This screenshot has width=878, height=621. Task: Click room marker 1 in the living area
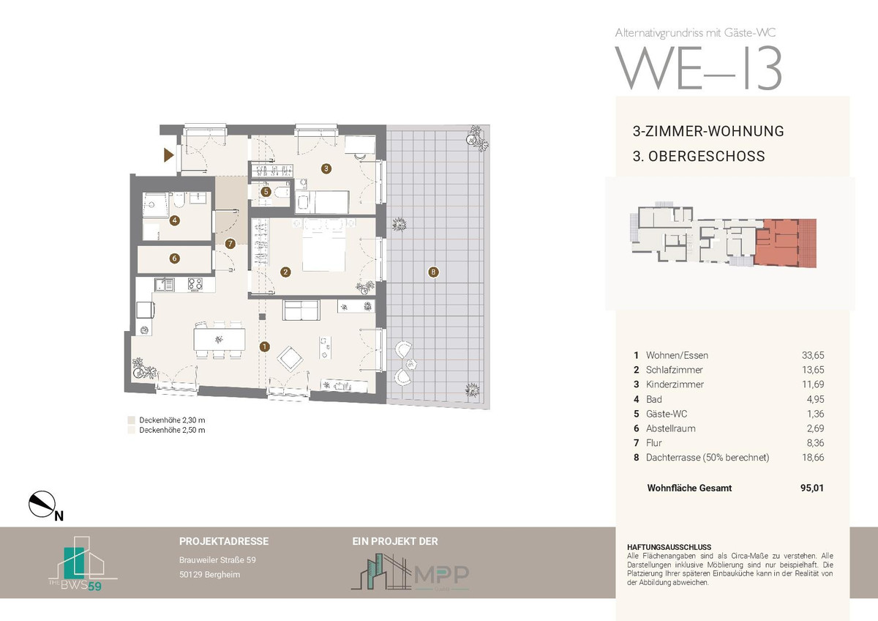pos(265,346)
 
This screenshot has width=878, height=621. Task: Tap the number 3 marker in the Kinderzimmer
pos(326,168)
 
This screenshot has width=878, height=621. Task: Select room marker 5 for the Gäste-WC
pos(266,192)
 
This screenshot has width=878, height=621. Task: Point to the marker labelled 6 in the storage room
pos(174,258)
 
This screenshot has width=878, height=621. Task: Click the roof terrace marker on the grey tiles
pos(433,272)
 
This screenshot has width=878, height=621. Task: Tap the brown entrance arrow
pos(168,155)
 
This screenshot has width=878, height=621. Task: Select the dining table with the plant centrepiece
pos(219,339)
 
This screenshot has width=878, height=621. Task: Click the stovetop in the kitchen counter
pos(195,284)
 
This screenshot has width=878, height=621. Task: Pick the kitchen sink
pos(165,284)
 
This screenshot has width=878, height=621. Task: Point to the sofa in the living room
pos(301,310)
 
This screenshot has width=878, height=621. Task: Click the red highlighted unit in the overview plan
pos(786,243)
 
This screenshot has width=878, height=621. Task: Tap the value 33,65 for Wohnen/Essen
pos(813,355)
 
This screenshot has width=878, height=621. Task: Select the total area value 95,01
pos(812,488)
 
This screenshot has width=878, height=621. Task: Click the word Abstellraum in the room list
pos(671,428)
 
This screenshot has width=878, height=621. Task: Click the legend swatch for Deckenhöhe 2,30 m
pos(131,420)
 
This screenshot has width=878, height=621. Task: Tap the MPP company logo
pos(410,572)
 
